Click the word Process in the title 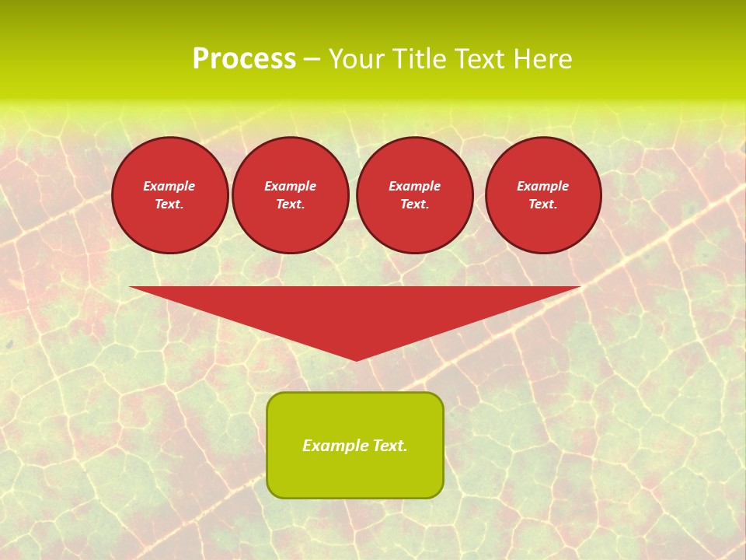pyautogui.click(x=244, y=59)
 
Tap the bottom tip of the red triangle pyautogui.click(x=356, y=359)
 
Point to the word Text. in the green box pyautogui.click(x=389, y=446)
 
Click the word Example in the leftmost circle pyautogui.click(x=169, y=186)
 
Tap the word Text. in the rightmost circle pyautogui.click(x=543, y=204)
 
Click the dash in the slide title pyautogui.click(x=312, y=60)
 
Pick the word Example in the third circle pyautogui.click(x=415, y=186)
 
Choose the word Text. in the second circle pyautogui.click(x=291, y=204)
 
